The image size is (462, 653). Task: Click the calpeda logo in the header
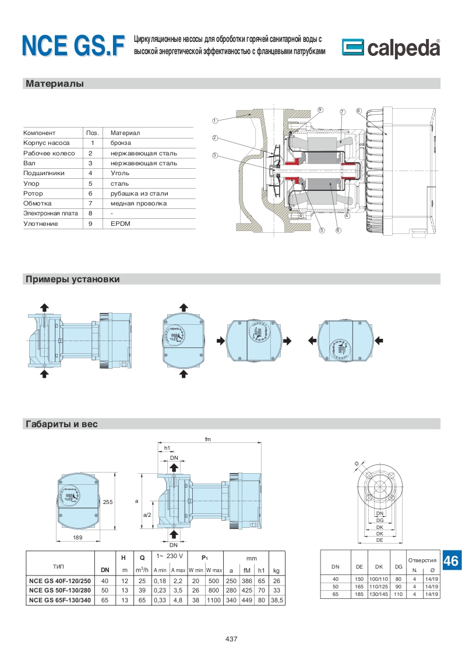point(390,47)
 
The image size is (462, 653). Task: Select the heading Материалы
point(55,84)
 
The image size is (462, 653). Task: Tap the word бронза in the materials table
point(121,143)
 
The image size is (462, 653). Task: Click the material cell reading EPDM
point(119,223)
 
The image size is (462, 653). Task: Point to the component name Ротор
point(33,193)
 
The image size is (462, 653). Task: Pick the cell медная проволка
point(139,203)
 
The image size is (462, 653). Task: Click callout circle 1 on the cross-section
point(215,121)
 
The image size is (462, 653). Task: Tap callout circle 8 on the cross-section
point(358,111)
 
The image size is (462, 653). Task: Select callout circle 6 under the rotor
point(338,230)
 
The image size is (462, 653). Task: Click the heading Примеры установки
point(73,279)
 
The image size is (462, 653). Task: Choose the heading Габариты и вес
point(61,424)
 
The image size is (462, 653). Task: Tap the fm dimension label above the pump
point(207,439)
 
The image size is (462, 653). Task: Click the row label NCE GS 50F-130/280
point(61,590)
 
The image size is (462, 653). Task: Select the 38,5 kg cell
point(276,600)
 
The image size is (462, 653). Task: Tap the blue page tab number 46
point(451,561)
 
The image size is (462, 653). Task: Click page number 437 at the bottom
point(231,639)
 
